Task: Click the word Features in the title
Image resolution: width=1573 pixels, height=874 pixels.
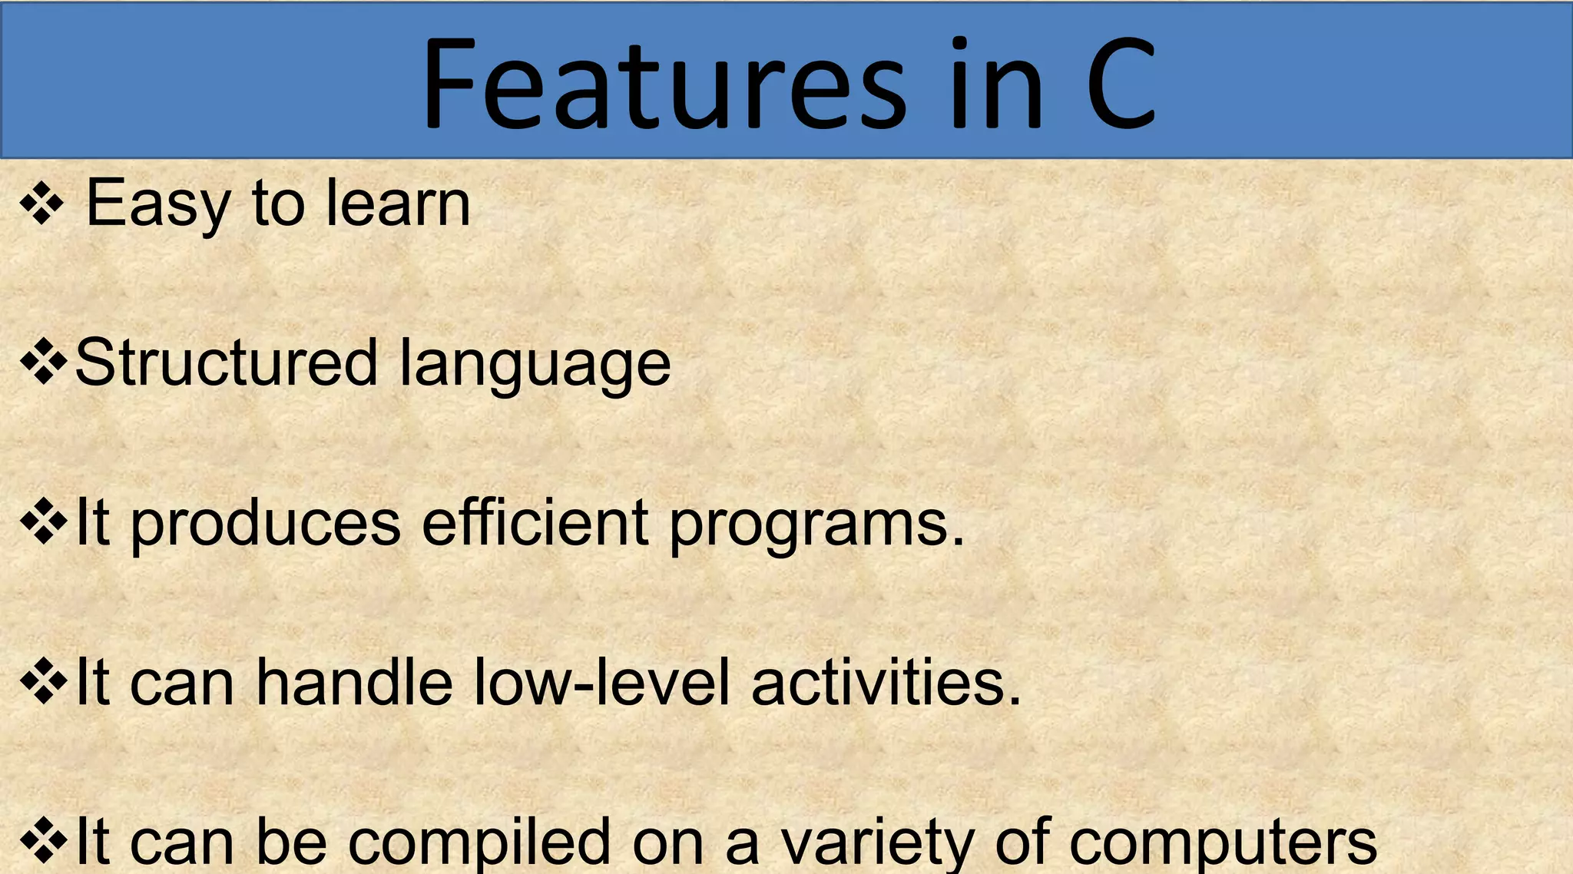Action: coord(664,84)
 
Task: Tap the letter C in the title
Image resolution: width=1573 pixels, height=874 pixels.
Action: coord(1121,84)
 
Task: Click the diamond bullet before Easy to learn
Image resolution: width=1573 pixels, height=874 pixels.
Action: coord(42,204)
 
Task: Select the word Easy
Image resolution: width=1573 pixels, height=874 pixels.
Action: coord(157,204)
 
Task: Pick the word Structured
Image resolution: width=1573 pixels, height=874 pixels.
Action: coord(227,363)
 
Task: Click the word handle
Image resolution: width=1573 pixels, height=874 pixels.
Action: coord(354,682)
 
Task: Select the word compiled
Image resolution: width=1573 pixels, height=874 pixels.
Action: coord(480,843)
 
